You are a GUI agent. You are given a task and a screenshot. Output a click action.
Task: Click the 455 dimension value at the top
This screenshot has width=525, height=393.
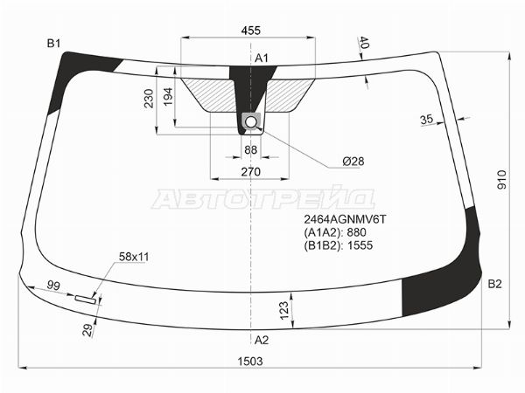click(x=250, y=31)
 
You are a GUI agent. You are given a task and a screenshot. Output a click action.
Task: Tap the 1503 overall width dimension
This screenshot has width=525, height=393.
click(x=250, y=361)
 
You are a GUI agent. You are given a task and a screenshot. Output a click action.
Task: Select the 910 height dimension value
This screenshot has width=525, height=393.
click(x=502, y=180)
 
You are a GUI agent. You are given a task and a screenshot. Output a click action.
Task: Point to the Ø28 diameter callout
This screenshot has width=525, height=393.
click(x=353, y=162)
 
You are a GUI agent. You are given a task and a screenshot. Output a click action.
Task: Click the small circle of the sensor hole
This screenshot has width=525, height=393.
click(x=251, y=122)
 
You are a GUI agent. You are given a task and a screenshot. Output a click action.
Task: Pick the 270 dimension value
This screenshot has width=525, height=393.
click(x=250, y=172)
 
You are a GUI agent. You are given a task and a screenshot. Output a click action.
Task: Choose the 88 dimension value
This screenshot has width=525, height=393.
click(x=250, y=150)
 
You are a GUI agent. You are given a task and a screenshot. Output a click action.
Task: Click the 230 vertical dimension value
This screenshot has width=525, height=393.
click(x=149, y=99)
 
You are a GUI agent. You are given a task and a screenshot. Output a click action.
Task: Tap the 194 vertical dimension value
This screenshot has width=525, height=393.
click(x=168, y=97)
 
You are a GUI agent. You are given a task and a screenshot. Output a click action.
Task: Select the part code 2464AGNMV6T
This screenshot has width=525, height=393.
click(x=346, y=219)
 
